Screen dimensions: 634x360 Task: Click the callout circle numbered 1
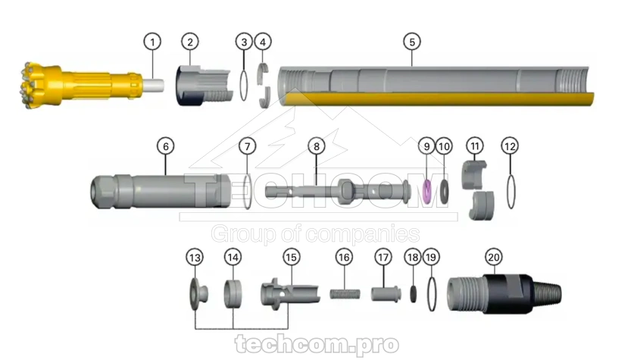[x=152, y=42]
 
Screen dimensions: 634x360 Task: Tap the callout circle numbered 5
[x=412, y=42]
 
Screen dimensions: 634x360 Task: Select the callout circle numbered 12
[x=510, y=146]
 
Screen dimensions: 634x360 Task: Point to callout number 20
[x=493, y=257]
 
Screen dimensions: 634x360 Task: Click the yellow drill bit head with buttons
[x=40, y=85]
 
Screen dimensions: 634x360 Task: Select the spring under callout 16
[x=345, y=293]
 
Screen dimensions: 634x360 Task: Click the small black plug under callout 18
[x=414, y=295]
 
